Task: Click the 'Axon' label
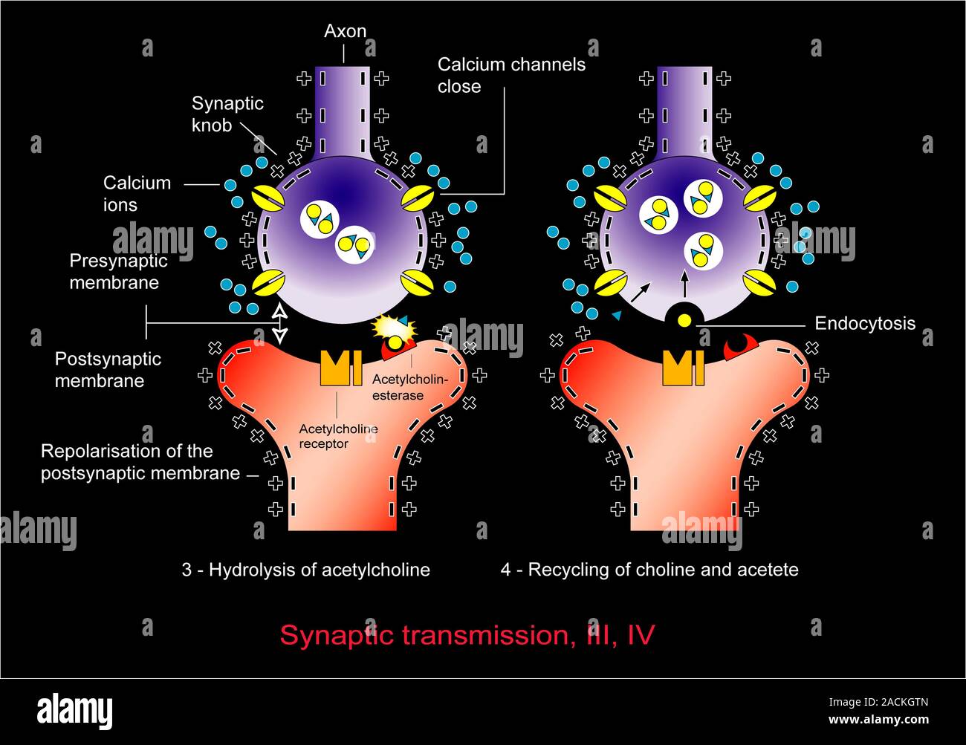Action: click(x=345, y=31)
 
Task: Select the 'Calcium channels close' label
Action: click(x=510, y=75)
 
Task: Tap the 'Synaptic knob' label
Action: click(x=227, y=114)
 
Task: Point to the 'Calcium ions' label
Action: click(x=137, y=193)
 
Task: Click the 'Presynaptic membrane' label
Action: click(x=118, y=272)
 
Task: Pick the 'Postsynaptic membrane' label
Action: click(x=108, y=369)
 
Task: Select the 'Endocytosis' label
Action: click(x=864, y=323)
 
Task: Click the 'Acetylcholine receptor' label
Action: click(x=338, y=436)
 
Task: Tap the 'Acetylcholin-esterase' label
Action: click(x=409, y=387)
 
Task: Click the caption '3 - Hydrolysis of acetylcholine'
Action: click(x=306, y=570)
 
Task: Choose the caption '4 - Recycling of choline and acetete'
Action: click(x=649, y=570)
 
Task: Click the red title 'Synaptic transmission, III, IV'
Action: click(x=467, y=635)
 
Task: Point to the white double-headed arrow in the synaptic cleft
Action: click(x=279, y=322)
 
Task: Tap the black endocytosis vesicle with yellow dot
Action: click(x=684, y=319)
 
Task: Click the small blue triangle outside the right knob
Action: click(x=617, y=316)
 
